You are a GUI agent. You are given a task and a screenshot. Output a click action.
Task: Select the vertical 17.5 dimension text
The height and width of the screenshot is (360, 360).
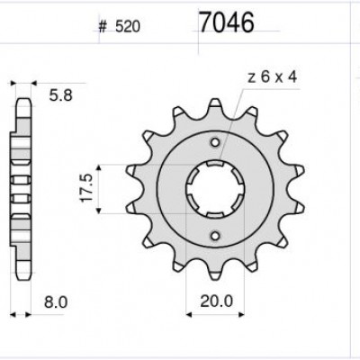[x=85, y=189]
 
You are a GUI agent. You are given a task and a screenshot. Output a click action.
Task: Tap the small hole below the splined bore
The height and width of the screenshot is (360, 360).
[x=213, y=236]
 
